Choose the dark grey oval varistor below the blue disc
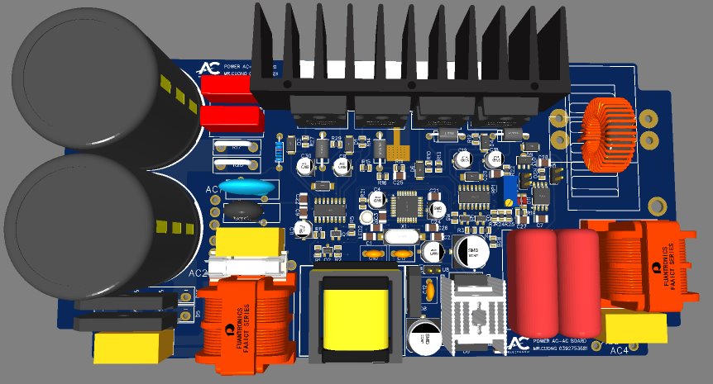pyautogui.click(x=242, y=213)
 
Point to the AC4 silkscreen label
pyautogui.click(x=619, y=350)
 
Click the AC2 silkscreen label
pyautogui.click(x=198, y=273)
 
